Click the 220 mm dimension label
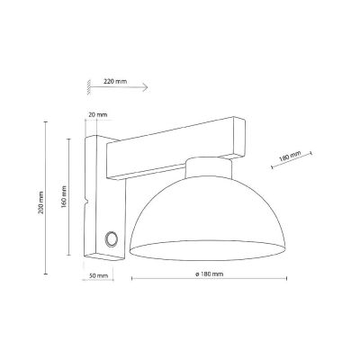tap(115, 81)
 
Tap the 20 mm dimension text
tap(100, 115)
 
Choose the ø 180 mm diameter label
tap(207, 274)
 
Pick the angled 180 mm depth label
tap(290, 157)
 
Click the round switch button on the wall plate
tap(111, 238)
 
